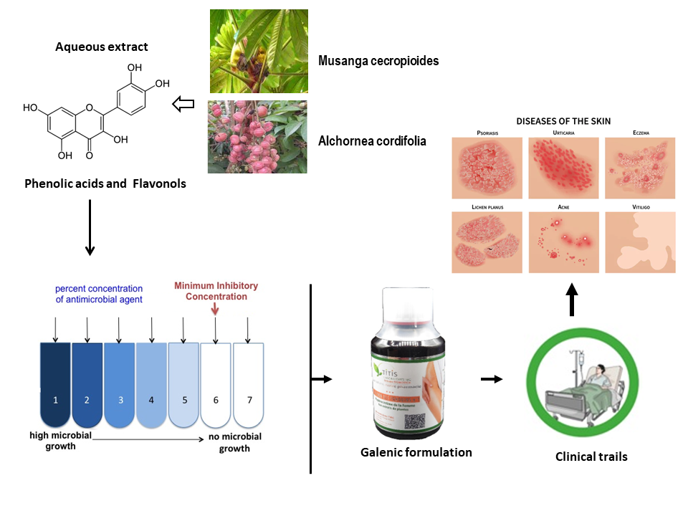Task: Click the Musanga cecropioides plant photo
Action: (259, 51)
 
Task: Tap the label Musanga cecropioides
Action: (378, 62)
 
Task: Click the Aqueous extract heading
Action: (102, 47)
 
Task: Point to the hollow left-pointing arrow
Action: (184, 105)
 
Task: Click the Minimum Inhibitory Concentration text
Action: (216, 291)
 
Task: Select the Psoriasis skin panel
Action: (487, 168)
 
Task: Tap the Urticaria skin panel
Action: (563, 168)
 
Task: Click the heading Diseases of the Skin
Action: (563, 121)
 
